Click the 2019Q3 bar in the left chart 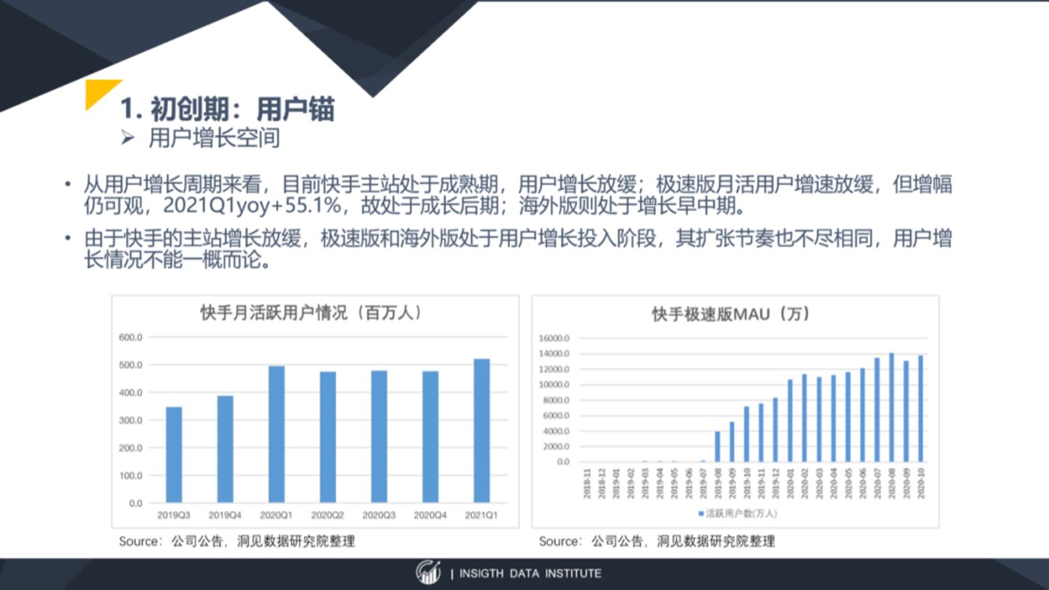pyautogui.click(x=174, y=455)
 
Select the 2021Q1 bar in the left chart pyautogui.click(x=482, y=431)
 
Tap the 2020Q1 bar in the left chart pyautogui.click(x=276, y=435)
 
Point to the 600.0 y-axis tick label pyautogui.click(x=131, y=337)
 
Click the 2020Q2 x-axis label pyautogui.click(x=327, y=515)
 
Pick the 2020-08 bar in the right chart pyautogui.click(x=891, y=408)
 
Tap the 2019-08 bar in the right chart pyautogui.click(x=717, y=447)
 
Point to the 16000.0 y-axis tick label pyautogui.click(x=554, y=338)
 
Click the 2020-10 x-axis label pyautogui.click(x=921, y=483)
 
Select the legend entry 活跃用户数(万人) pyautogui.click(x=738, y=513)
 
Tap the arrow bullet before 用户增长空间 pyautogui.click(x=128, y=138)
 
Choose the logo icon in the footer pyautogui.click(x=428, y=572)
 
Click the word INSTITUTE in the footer pyautogui.click(x=573, y=573)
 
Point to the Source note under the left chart pyautogui.click(x=236, y=541)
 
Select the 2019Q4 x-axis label pyautogui.click(x=225, y=515)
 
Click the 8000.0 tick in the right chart pyautogui.click(x=556, y=400)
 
